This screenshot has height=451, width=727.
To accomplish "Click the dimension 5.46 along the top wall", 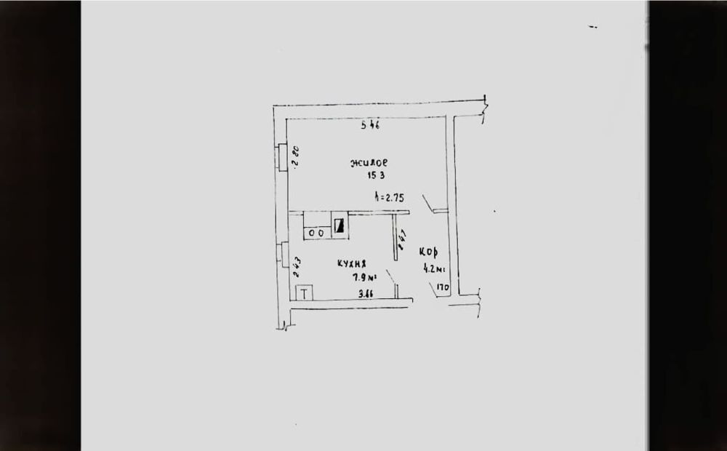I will (x=371, y=125).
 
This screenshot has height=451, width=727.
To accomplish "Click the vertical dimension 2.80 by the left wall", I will (x=296, y=157).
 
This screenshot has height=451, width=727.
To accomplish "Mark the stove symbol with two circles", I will (x=316, y=233).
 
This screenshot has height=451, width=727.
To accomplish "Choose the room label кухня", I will (x=350, y=264).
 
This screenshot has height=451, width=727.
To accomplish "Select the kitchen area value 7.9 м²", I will (x=363, y=276).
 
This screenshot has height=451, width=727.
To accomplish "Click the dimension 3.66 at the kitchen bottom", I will (x=366, y=295).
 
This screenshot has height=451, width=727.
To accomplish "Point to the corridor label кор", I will (x=427, y=252).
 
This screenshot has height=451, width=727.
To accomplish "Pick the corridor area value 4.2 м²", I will (x=434, y=268).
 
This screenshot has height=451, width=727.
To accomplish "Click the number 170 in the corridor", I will (x=443, y=288).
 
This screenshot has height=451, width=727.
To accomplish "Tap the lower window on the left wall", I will (x=281, y=255).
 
